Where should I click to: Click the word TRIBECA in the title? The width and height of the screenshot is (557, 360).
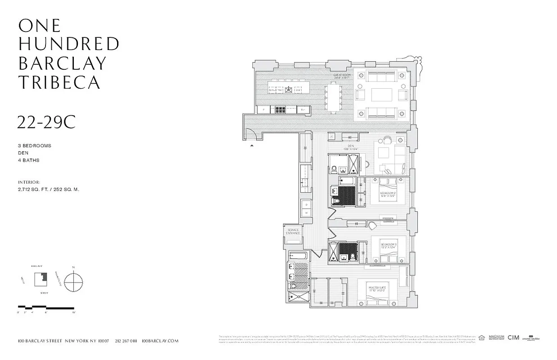coord(59,82)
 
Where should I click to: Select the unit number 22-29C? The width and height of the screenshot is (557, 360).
coord(46,122)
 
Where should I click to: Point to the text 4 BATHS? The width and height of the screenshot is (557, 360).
coord(29,160)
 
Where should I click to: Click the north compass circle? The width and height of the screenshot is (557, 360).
coord(73,282)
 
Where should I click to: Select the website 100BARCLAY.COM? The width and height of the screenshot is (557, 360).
coord(160,341)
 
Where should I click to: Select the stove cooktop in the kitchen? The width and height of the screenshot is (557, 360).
coord(279,109)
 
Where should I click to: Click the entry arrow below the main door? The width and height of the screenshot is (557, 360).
coord(252,145)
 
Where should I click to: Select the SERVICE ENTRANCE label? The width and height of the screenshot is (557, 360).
coord(293,232)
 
